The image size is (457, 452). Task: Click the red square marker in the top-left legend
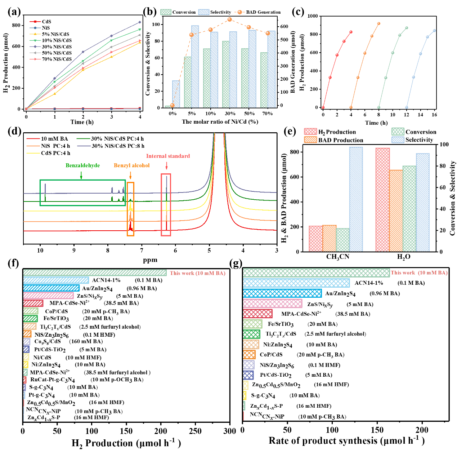(x=35, y=22)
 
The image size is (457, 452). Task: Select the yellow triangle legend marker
(x=35, y=34)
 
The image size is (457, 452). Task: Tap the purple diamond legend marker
(x=35, y=46)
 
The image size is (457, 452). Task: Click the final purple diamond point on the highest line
(x=140, y=22)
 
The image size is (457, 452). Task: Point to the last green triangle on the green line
(x=140, y=30)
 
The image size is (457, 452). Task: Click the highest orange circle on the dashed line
(x=229, y=19)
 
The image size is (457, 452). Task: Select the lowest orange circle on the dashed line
(x=173, y=105)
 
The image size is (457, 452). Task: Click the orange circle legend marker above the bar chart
(x=239, y=12)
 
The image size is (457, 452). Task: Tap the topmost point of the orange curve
(x=378, y=24)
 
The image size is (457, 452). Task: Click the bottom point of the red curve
(x=323, y=107)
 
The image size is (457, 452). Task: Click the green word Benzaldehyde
(x=82, y=165)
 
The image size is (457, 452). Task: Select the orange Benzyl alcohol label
(x=131, y=165)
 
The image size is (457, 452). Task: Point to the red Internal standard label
(x=168, y=156)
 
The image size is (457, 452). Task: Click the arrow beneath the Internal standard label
(x=166, y=166)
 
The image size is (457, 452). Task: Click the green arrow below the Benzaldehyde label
(x=81, y=175)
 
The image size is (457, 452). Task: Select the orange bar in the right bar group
(x=396, y=210)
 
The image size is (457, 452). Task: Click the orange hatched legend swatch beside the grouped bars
(x=310, y=139)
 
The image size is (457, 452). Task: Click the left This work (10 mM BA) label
(x=198, y=273)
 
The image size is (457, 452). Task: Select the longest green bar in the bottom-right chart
(x=316, y=273)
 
